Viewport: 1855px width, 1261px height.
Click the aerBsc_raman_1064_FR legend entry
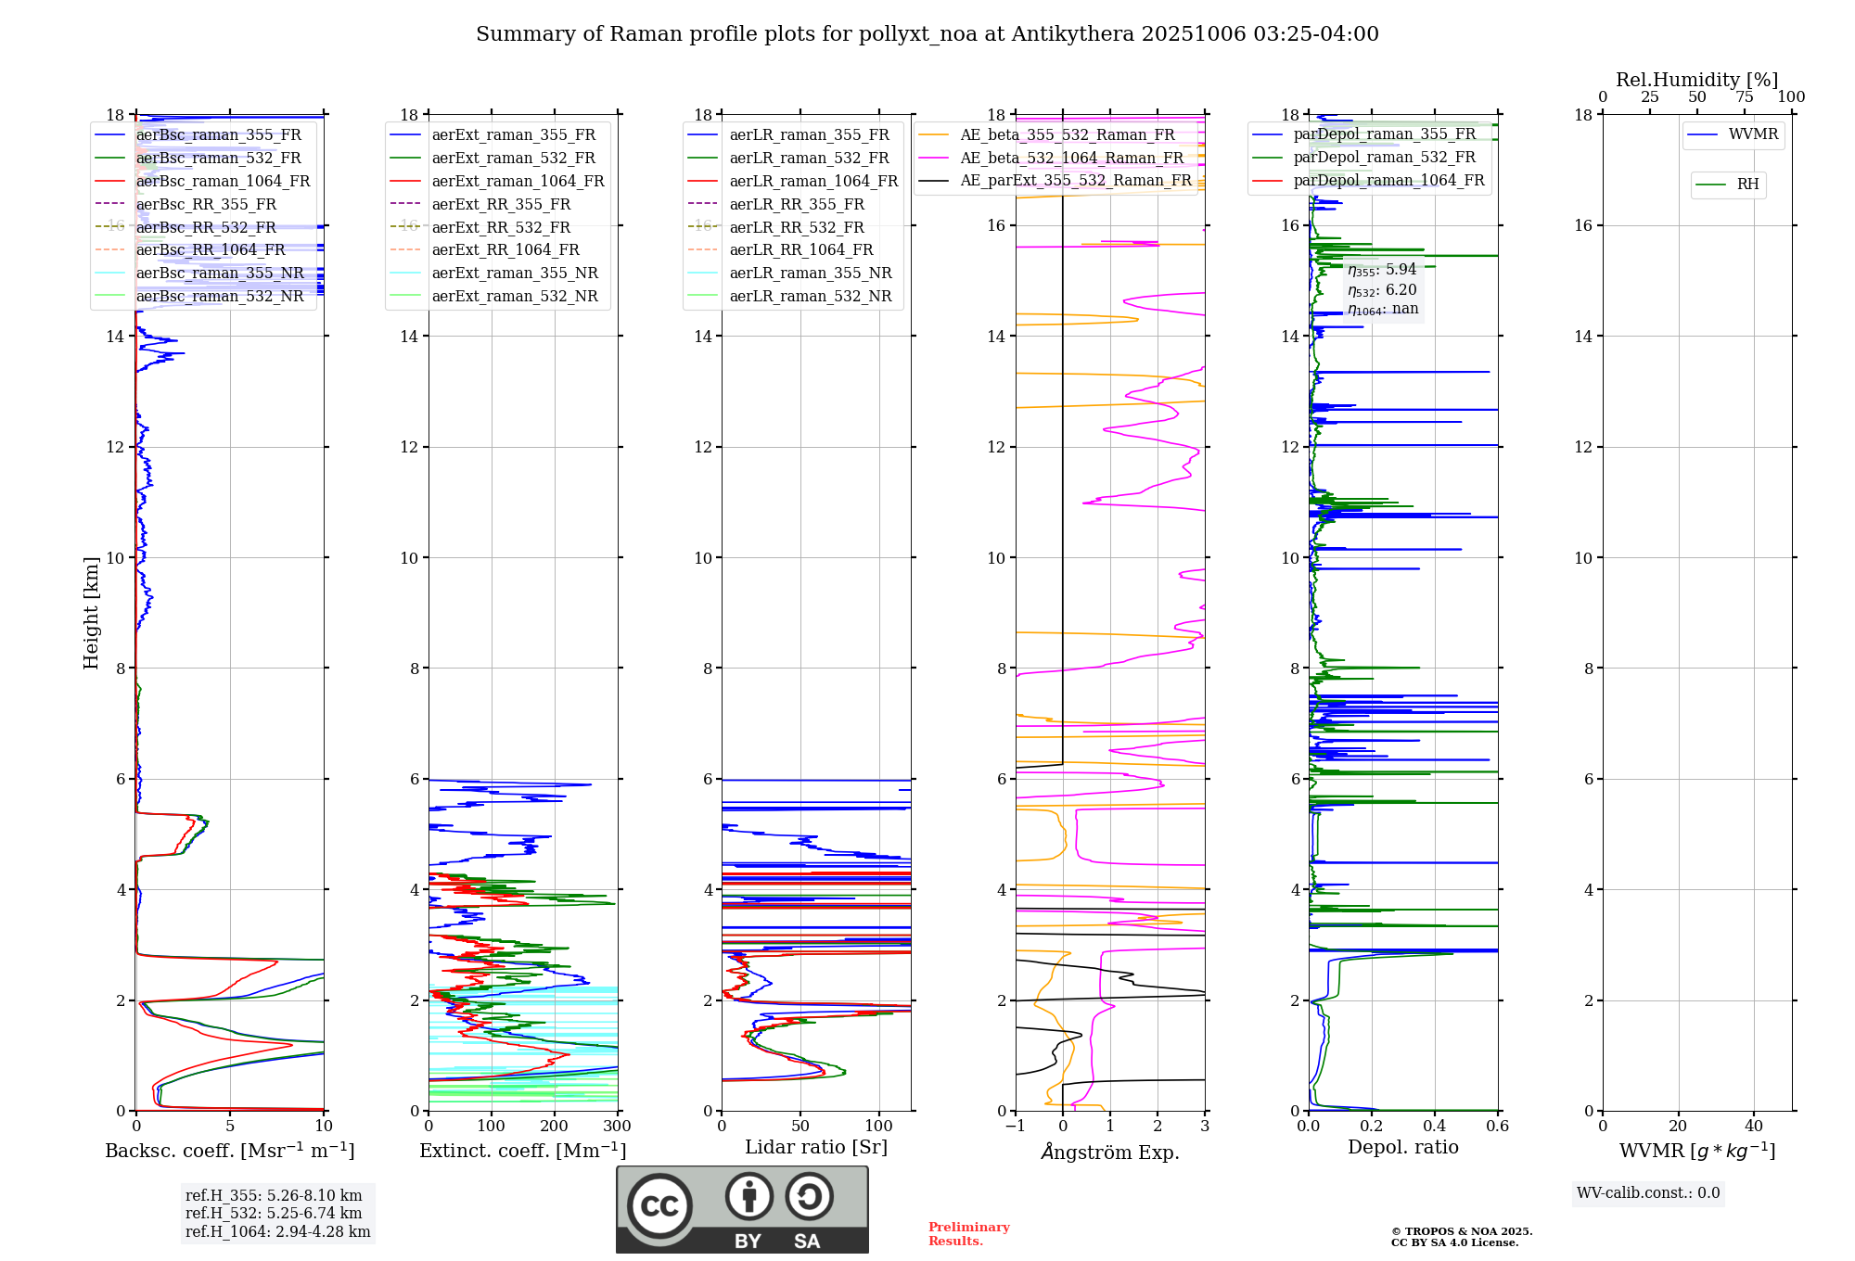point(223,181)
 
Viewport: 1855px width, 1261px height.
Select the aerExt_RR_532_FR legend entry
point(501,227)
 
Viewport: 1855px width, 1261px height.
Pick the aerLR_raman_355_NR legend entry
point(810,273)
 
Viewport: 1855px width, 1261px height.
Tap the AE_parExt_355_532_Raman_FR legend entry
point(1075,180)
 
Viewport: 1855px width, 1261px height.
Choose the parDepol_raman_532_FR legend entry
point(1384,158)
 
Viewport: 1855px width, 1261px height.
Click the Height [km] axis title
point(91,612)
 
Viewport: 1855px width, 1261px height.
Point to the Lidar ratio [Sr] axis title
point(816,1147)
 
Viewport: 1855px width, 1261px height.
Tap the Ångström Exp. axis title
point(1110,1152)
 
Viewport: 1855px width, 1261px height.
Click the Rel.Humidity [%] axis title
point(1697,80)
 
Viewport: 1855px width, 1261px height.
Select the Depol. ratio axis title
point(1403,1147)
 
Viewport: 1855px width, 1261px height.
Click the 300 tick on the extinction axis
point(617,1127)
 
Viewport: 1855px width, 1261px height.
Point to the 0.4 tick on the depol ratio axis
point(1435,1127)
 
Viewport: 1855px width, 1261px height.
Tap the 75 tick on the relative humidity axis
point(1745,97)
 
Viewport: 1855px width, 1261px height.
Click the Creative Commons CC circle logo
point(659,1206)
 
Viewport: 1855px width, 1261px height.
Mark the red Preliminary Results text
point(968,1234)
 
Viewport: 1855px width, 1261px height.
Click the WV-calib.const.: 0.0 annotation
point(1648,1193)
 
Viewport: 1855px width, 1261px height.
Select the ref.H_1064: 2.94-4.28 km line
point(277,1232)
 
